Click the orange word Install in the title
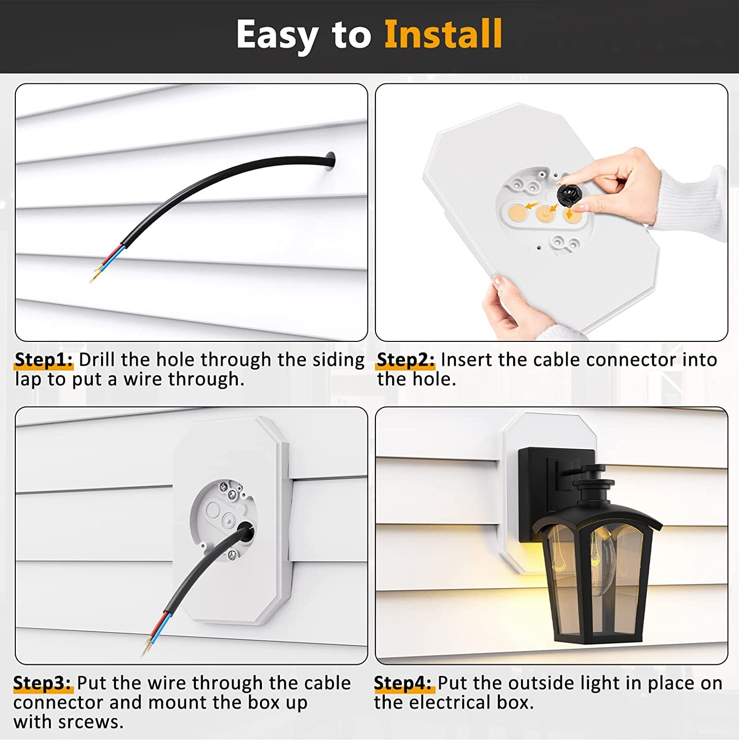coord(443,35)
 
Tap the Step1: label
coord(43,360)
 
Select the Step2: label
coord(406,360)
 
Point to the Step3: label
coord(42,683)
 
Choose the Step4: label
coord(403,683)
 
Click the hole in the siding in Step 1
coord(331,161)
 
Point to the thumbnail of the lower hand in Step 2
coord(499,282)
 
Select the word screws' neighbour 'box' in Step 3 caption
coord(263,703)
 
